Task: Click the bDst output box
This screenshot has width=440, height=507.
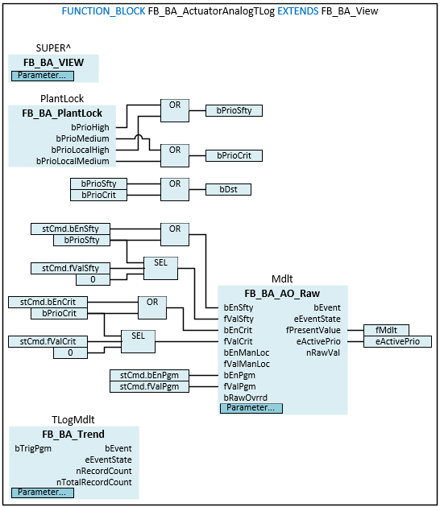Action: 228,190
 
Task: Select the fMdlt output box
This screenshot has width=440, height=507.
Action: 386,330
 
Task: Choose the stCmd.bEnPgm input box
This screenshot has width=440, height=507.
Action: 150,375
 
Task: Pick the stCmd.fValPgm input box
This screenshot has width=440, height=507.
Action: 150,386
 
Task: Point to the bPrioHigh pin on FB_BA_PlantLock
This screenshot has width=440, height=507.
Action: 91,127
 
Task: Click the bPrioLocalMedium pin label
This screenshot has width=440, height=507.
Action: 73,161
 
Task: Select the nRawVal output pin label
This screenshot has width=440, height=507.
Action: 323,352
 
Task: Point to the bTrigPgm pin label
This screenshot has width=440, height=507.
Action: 33,448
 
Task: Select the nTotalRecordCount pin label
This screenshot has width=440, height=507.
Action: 94,482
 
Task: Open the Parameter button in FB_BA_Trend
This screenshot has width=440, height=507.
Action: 40,493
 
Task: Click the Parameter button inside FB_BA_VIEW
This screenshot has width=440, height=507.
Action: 41,76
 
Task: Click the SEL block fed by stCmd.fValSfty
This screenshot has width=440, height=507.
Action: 160,268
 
